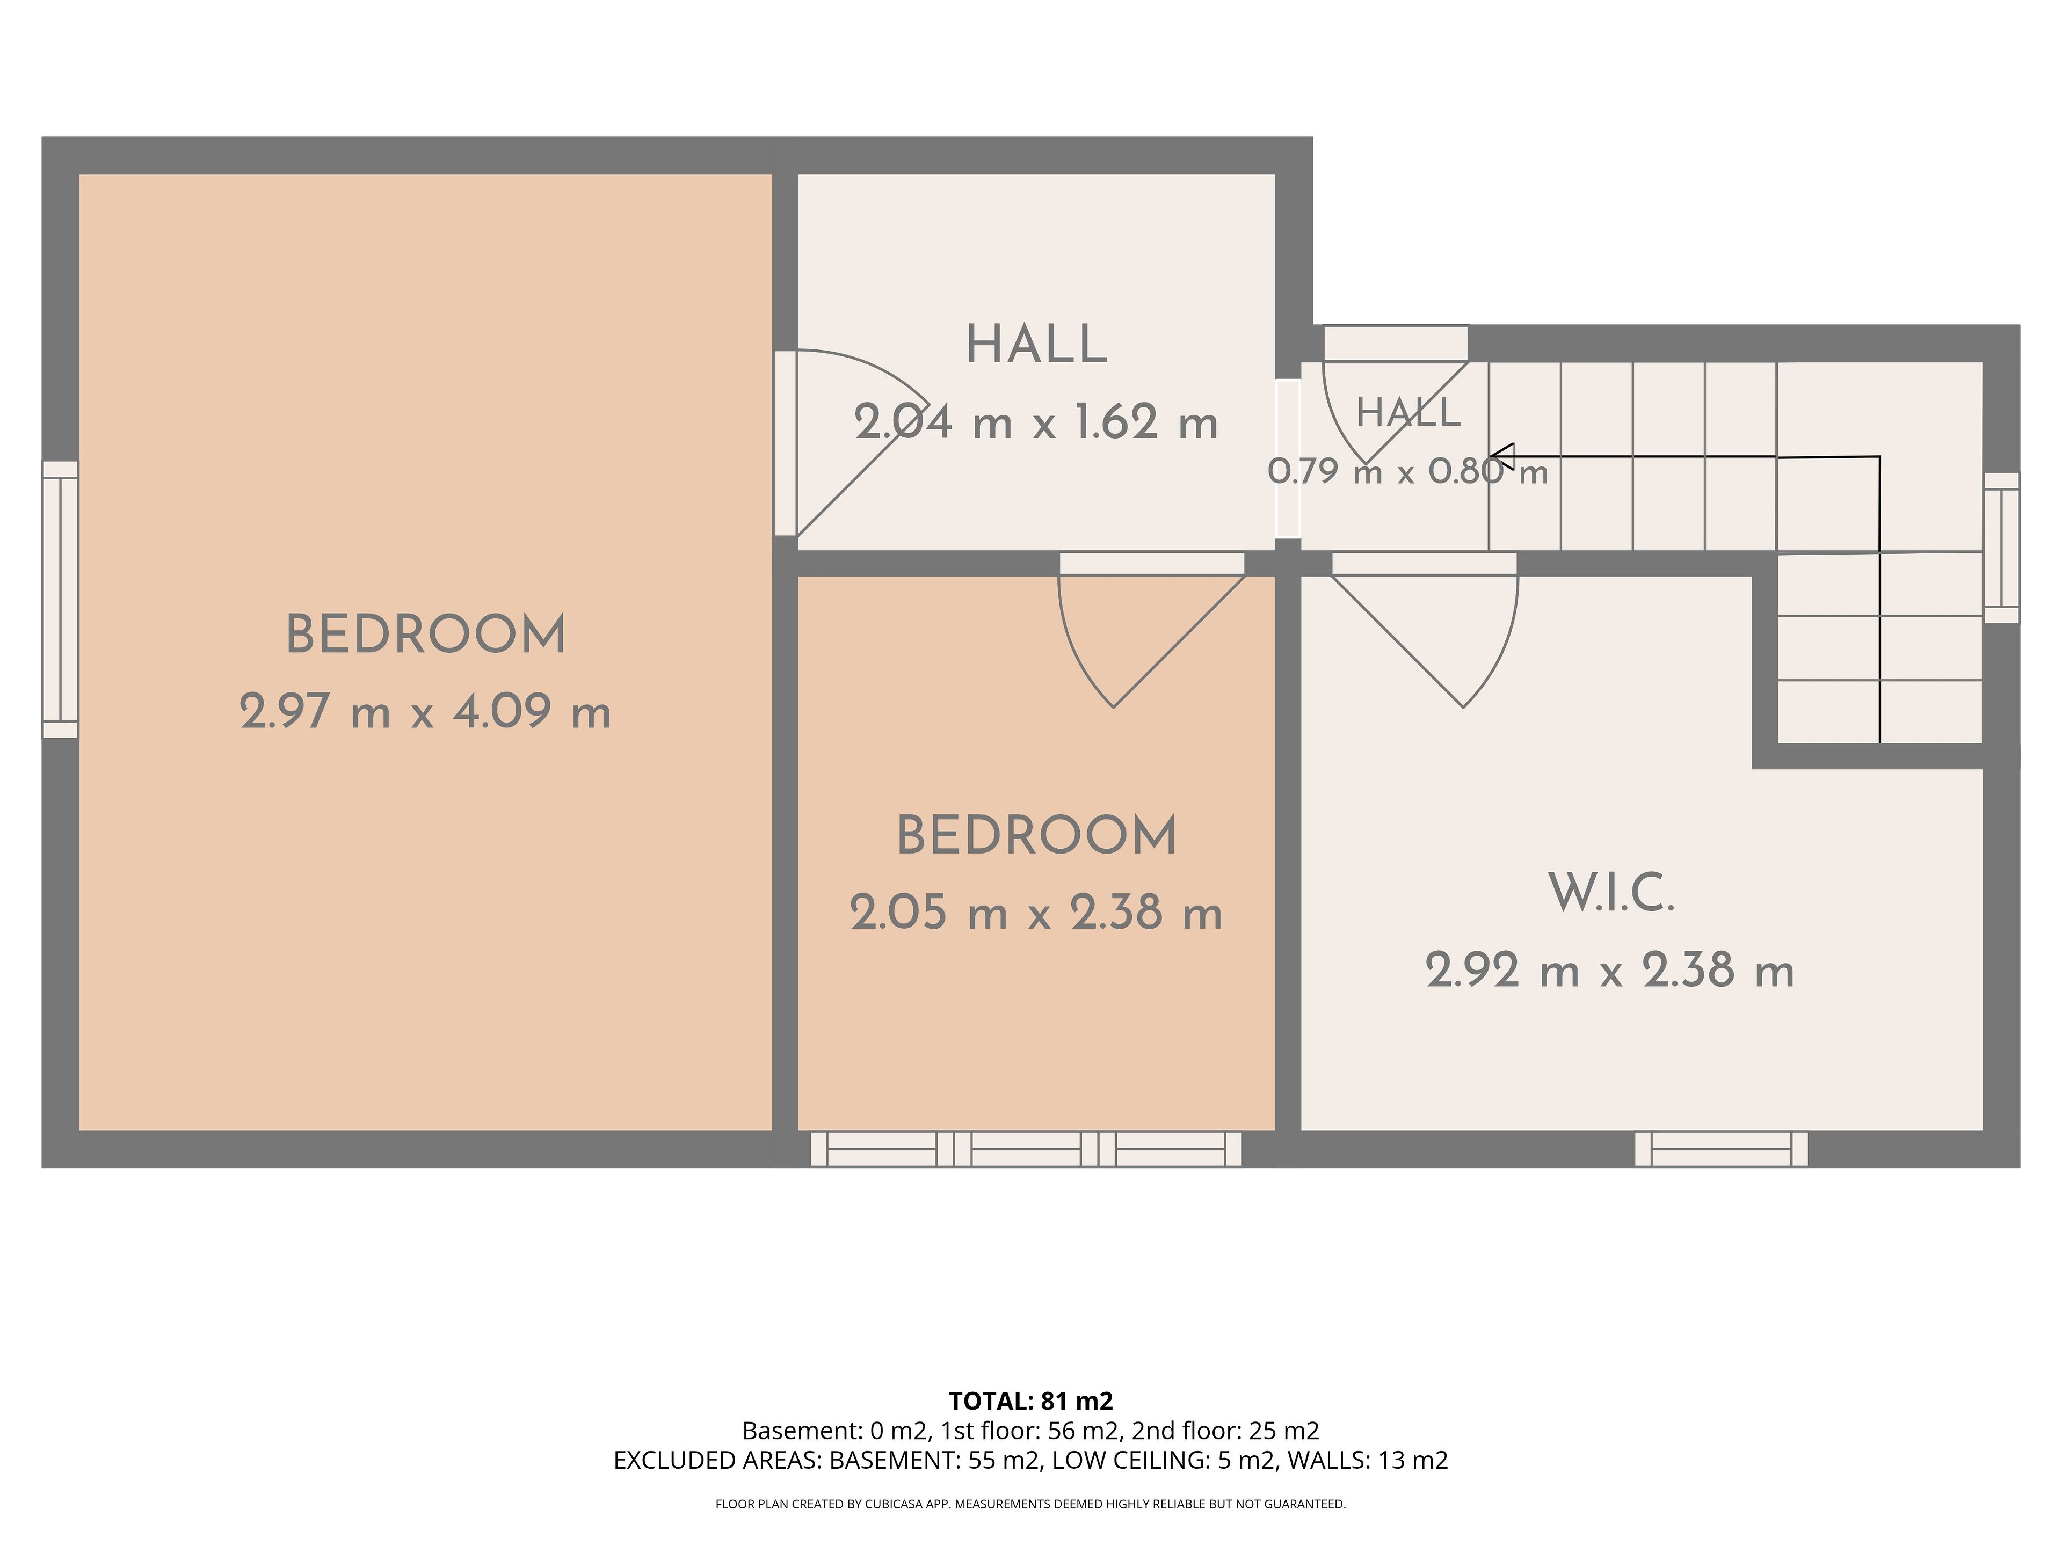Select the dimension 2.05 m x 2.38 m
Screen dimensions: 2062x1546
point(1036,913)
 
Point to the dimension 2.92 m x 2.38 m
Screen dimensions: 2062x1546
point(1610,971)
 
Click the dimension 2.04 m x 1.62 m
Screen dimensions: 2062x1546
point(1036,423)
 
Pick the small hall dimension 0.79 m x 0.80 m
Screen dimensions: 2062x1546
point(1407,471)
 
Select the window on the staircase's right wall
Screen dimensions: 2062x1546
point(2000,548)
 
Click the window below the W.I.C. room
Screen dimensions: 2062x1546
point(1721,1149)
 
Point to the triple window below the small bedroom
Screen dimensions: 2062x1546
point(1026,1149)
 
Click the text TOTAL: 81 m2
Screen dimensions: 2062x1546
point(1031,1401)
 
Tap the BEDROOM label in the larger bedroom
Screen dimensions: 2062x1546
point(425,636)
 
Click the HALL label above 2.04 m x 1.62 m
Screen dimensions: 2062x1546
point(1036,346)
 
